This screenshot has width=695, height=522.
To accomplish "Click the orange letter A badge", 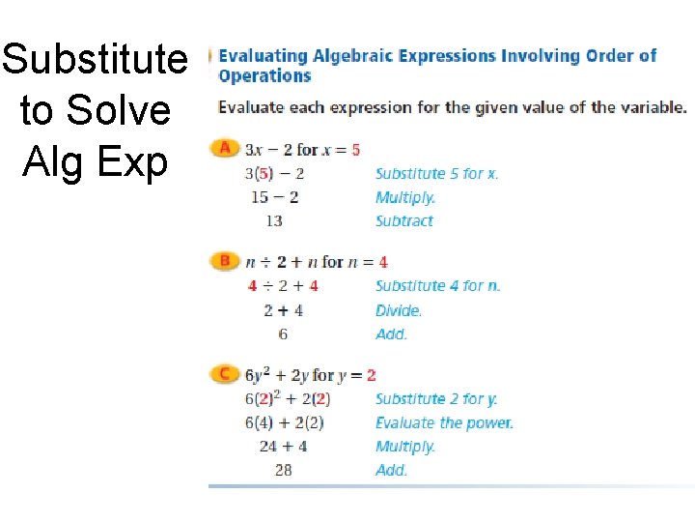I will pyautogui.click(x=225, y=149).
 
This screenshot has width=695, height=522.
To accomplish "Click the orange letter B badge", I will pyautogui.click(x=225, y=261).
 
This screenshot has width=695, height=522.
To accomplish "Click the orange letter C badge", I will pyautogui.click(x=225, y=374).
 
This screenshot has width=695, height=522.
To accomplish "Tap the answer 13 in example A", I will pyautogui.click(x=274, y=221).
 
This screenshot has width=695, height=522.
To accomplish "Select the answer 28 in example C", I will pyautogui.click(x=283, y=471).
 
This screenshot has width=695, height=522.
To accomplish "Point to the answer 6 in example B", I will pyautogui.click(x=283, y=334).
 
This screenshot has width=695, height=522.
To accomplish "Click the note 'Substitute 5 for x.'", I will pyautogui.click(x=436, y=174).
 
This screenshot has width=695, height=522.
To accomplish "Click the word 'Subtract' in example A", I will pyautogui.click(x=404, y=221).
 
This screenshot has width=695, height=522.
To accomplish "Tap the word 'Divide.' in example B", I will pyautogui.click(x=399, y=310).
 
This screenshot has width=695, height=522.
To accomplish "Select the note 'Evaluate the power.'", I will pyautogui.click(x=444, y=422).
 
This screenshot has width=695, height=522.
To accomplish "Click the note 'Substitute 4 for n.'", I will pyautogui.click(x=438, y=286).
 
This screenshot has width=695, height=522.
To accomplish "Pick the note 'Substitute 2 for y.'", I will pyautogui.click(x=436, y=398).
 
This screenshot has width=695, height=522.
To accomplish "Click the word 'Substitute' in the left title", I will pyautogui.click(x=95, y=60).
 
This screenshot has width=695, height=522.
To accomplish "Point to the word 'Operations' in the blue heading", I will pyautogui.click(x=264, y=76).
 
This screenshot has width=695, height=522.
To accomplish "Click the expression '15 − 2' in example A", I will pyautogui.click(x=274, y=197).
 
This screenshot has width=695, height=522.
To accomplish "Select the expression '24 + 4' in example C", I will pyautogui.click(x=283, y=447).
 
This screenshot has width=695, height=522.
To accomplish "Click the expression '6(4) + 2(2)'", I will pyautogui.click(x=284, y=422).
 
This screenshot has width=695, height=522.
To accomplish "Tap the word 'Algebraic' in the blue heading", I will pyautogui.click(x=348, y=56).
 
